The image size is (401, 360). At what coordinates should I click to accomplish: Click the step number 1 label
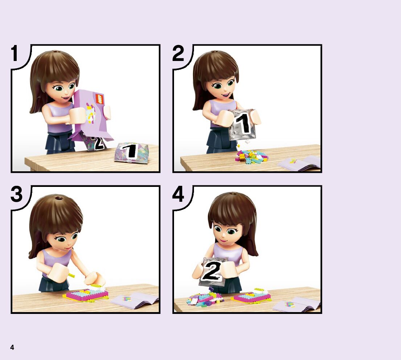click(x=15, y=53)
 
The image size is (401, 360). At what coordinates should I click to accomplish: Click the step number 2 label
click(x=178, y=53)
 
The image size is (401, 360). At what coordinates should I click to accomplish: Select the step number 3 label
click(x=17, y=195)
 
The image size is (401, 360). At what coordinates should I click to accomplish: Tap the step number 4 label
click(x=178, y=195)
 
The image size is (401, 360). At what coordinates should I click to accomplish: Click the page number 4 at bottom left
click(x=12, y=347)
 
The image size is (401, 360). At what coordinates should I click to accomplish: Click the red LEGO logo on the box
click(x=99, y=99)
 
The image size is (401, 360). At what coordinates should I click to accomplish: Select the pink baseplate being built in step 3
click(x=86, y=295)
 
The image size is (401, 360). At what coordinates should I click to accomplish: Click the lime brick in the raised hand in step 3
click(x=71, y=275)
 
